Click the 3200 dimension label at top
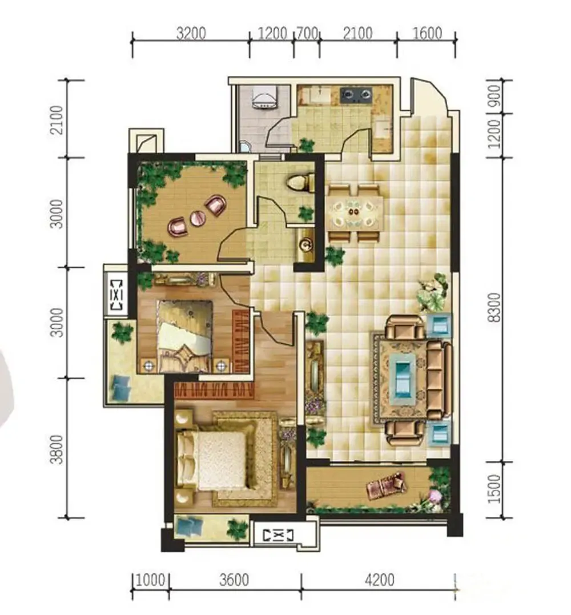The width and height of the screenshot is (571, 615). tap(191, 33)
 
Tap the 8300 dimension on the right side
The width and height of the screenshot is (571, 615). tap(494, 307)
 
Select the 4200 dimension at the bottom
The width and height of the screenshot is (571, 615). tap(379, 580)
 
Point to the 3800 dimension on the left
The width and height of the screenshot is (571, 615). tap(57, 449)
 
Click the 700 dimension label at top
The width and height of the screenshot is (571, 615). tap(307, 33)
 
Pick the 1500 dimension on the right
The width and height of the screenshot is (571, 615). tap(495, 489)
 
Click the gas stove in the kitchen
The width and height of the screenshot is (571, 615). tap(355, 95)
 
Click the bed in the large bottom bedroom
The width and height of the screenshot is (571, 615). tap(214, 460)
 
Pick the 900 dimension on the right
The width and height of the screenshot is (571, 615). tap(495, 97)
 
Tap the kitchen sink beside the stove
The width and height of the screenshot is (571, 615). tap(320, 95)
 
